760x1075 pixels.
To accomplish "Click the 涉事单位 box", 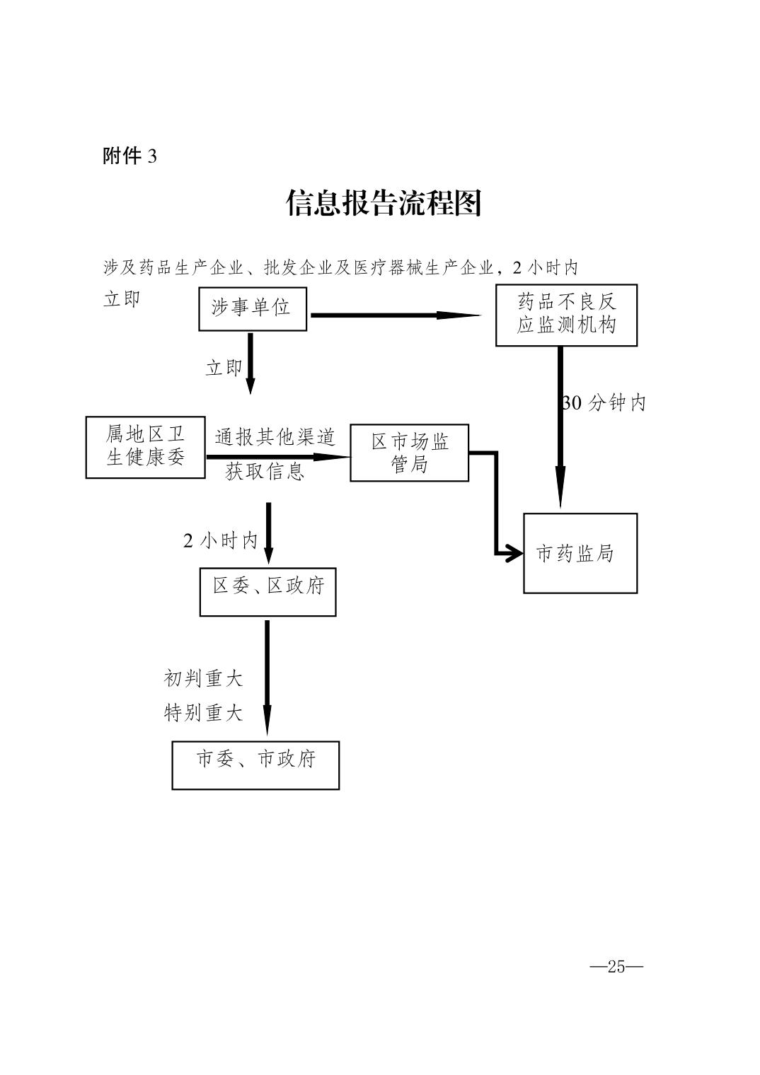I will [252, 308].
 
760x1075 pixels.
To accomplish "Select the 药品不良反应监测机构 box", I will [566, 315].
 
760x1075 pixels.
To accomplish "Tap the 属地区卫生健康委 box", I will [146, 447].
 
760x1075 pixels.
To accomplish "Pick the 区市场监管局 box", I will [409, 453].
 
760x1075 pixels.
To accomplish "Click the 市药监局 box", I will [580, 553].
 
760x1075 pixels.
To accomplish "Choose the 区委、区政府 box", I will [267, 591].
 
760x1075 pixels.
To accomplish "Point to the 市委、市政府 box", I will [255, 765].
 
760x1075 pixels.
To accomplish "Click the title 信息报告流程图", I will [383, 204].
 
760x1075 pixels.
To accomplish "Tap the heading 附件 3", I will [129, 156].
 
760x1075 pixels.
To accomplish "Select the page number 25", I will [616, 967].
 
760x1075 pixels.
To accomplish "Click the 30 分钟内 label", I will [604, 403].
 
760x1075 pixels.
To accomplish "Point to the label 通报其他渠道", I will [275, 438].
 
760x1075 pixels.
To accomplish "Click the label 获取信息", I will [265, 472].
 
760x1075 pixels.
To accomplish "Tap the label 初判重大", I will [203, 679].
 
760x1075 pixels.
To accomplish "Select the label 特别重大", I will [203, 713].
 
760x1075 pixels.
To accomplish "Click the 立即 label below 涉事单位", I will [224, 368].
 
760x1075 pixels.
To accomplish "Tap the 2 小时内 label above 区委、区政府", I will [220, 542].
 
